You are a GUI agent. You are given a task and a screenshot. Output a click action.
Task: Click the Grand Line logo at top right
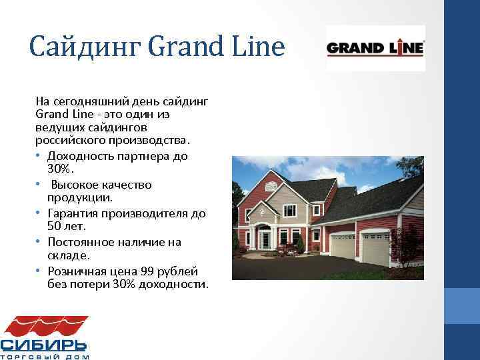pos(375,48)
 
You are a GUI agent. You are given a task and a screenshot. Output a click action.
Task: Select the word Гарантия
pos(73,213)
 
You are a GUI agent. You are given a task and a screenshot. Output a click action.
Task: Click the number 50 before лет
pos(55,227)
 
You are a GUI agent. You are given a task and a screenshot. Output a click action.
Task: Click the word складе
pos(65,256)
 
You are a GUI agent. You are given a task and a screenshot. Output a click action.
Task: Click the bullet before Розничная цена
pos(40,271)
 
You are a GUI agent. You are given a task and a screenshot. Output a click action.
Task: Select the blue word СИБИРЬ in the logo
pos(43,345)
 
